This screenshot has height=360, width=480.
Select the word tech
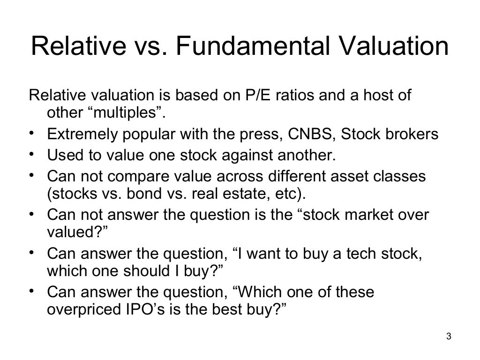point(362,254)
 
